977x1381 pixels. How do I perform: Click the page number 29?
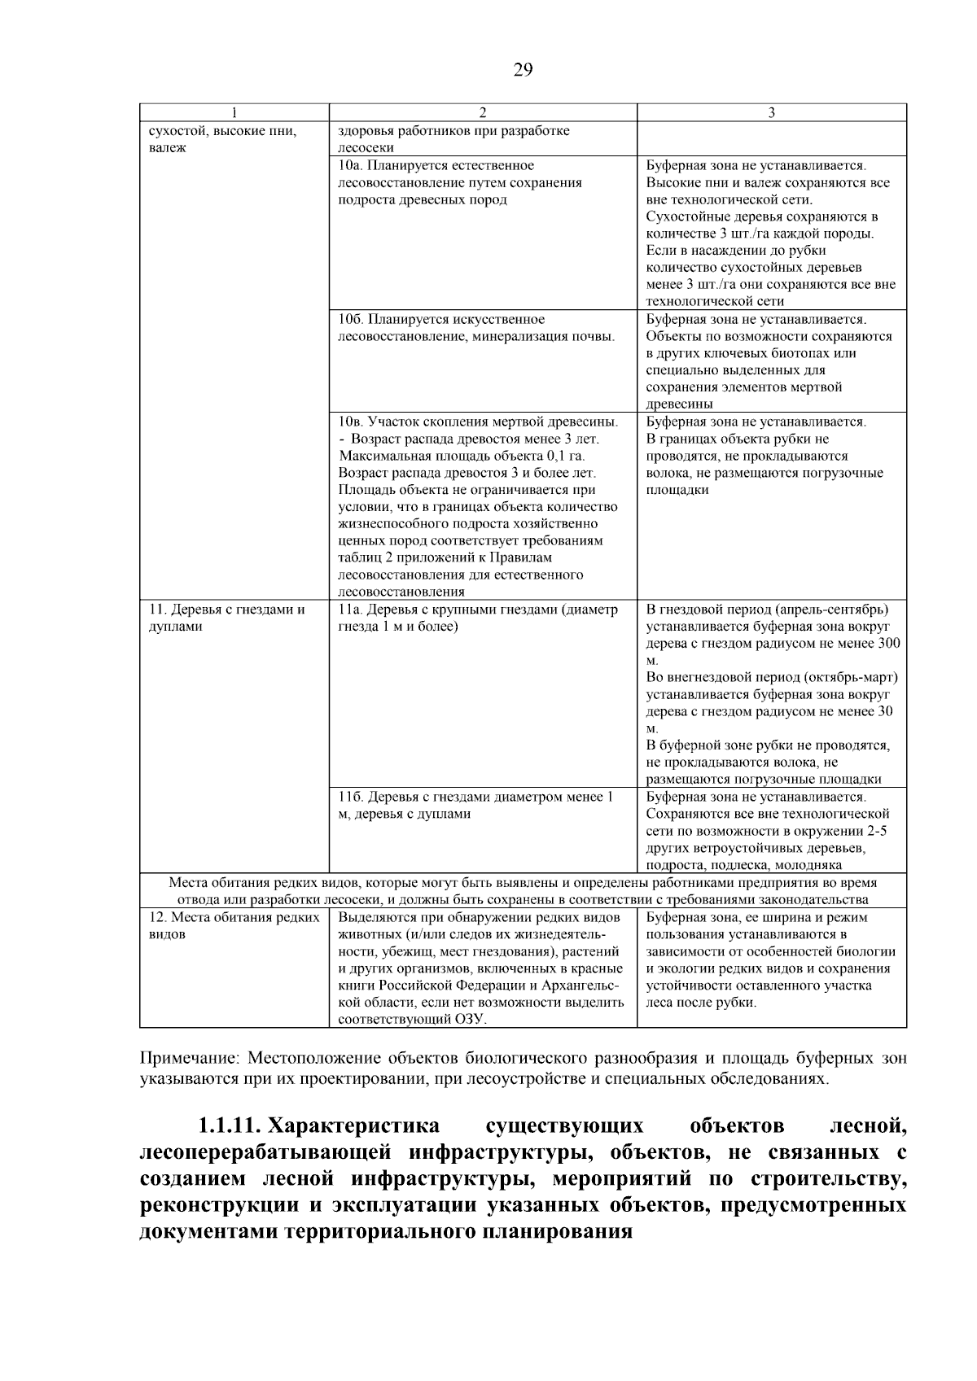click(x=523, y=70)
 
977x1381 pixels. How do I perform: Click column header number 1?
click(x=234, y=113)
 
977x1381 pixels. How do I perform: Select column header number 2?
click(x=482, y=113)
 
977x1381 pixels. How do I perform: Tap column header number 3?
click(x=771, y=113)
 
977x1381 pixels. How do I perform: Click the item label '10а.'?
click(x=351, y=165)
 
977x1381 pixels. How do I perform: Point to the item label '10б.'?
click(x=351, y=319)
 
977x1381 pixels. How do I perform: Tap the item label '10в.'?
click(x=351, y=422)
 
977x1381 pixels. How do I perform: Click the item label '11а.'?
click(x=351, y=610)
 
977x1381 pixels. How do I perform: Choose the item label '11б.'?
click(x=351, y=797)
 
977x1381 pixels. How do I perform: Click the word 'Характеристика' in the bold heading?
click(x=355, y=1126)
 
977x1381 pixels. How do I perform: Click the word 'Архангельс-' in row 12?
click(x=585, y=985)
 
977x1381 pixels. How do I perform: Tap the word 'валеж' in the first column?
click(x=167, y=147)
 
